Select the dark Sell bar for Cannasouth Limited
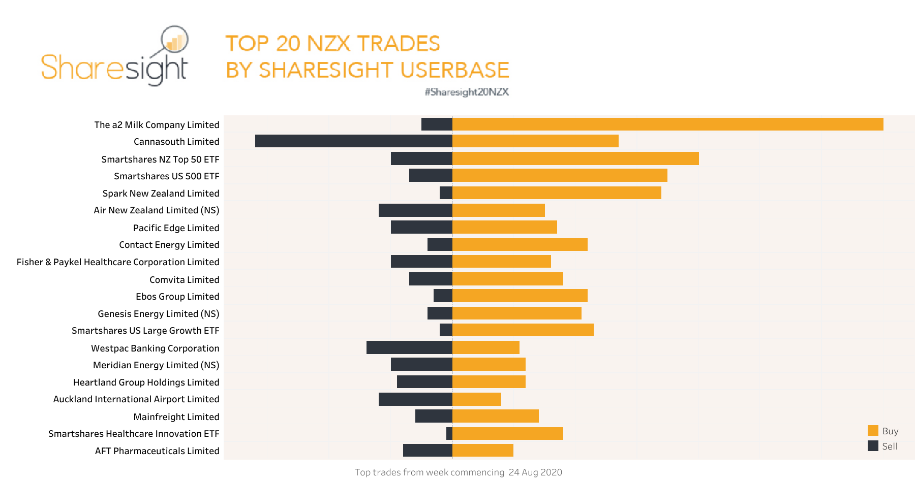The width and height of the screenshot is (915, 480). pyautogui.click(x=353, y=141)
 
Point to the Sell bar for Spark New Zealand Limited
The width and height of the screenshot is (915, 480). pyautogui.click(x=446, y=193)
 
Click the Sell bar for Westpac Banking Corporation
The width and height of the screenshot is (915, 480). pyautogui.click(x=409, y=347)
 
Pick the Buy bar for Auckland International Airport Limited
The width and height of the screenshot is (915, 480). pyautogui.click(x=477, y=399)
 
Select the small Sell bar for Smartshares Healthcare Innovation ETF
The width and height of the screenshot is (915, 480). pyautogui.click(x=449, y=433)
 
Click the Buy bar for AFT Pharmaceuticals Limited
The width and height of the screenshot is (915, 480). pyautogui.click(x=483, y=451)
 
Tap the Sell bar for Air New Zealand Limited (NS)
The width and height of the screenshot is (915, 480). pyautogui.click(x=415, y=210)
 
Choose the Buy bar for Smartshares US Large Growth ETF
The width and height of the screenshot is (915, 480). pyautogui.click(x=523, y=330)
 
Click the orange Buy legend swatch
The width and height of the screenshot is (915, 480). pyautogui.click(x=873, y=431)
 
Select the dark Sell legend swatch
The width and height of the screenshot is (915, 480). pyautogui.click(x=873, y=446)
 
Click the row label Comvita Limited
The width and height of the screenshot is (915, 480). pyautogui.click(x=184, y=280)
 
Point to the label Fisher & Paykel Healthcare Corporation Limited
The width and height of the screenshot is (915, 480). pyautogui.click(x=118, y=262)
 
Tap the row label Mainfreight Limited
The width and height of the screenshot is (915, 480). pyautogui.click(x=176, y=417)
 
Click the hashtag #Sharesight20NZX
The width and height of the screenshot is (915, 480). pyautogui.click(x=467, y=92)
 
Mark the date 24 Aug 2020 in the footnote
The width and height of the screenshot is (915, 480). pyautogui.click(x=535, y=472)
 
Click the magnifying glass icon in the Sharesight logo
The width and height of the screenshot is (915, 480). pyautogui.click(x=174, y=40)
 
